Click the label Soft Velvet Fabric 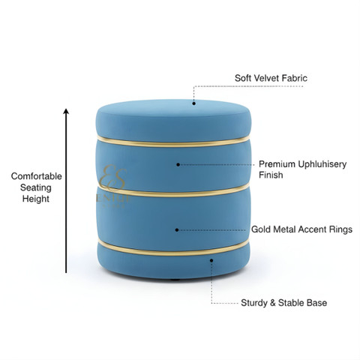click(x=271, y=78)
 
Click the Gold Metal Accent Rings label click(x=301, y=229)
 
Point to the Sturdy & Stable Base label click(x=284, y=303)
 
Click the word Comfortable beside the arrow click(x=36, y=176)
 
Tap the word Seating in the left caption click(x=36, y=187)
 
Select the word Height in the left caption click(x=36, y=199)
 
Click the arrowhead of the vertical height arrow click(x=66, y=111)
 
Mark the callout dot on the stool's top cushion click(x=193, y=103)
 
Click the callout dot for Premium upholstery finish click(x=178, y=164)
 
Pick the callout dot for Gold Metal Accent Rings click(x=177, y=229)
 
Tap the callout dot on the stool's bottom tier click(x=211, y=260)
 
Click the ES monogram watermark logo click(x=113, y=178)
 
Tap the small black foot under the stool click(x=175, y=280)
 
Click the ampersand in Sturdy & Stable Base click(x=273, y=303)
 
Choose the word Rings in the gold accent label click(x=340, y=229)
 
